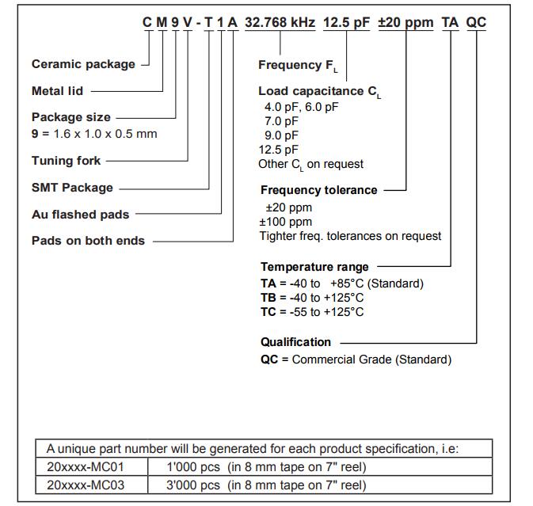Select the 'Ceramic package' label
tap(83, 64)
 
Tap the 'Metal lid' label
tap(57, 91)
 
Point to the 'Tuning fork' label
tap(66, 161)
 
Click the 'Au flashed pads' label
tap(80, 214)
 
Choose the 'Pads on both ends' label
tap(88, 241)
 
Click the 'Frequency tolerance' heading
tap(318, 190)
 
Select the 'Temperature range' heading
tap(314, 267)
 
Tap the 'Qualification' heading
tap(295, 342)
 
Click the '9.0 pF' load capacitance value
tap(281, 135)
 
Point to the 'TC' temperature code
tap(268, 312)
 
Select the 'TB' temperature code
tap(268, 298)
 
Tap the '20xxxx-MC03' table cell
tap(86, 485)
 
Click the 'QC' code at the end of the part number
tap(476, 22)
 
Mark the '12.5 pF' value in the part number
tap(346, 22)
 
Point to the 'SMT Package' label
tap(72, 188)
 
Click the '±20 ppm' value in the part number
tap(405, 22)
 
